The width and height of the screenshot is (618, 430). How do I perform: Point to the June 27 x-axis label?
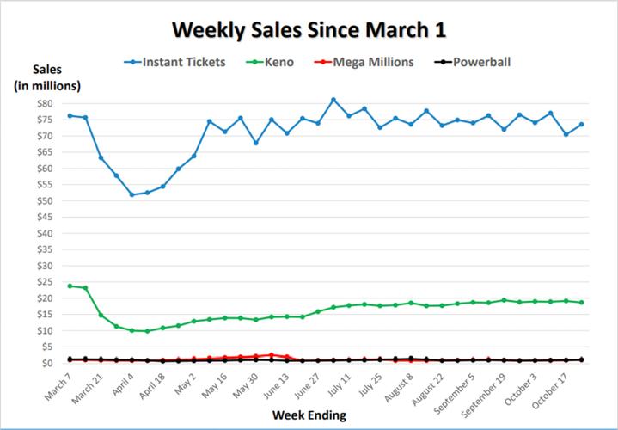click(x=305, y=385)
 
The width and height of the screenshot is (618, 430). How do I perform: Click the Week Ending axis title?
click(x=309, y=415)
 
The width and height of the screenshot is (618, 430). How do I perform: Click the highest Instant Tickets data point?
click(x=333, y=100)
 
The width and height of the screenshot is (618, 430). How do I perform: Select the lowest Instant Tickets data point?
click(x=132, y=194)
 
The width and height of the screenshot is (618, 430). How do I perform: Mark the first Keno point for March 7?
click(x=70, y=286)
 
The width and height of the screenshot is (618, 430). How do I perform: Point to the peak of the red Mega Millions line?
click(x=272, y=354)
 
